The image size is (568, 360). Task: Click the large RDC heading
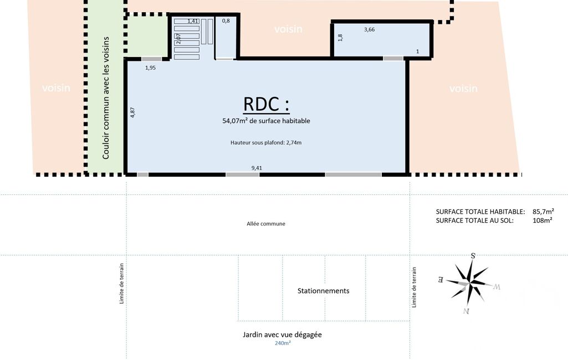[x=266, y=104]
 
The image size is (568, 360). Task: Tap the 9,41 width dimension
[x=257, y=168]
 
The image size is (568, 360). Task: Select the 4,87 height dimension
[x=132, y=112]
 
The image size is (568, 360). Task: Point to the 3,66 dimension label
[x=369, y=30]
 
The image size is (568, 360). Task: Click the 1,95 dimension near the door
[x=150, y=68]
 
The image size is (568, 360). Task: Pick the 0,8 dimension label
[x=226, y=21]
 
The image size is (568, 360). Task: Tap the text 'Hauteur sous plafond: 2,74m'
[x=266, y=143]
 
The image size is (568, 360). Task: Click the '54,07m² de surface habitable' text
[x=266, y=121]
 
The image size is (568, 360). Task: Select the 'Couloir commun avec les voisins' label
[x=105, y=98]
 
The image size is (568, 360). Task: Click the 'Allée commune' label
[x=266, y=224]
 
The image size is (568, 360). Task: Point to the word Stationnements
[x=323, y=291]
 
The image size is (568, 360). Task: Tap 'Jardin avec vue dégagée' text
[x=282, y=335]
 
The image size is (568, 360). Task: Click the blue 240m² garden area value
[x=283, y=343]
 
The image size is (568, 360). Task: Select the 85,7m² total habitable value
[x=543, y=212]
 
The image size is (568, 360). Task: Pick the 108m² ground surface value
[x=543, y=220]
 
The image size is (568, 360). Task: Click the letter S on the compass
[x=473, y=256]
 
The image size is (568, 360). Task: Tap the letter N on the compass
[x=466, y=311]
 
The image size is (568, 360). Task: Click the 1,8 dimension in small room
[x=340, y=37]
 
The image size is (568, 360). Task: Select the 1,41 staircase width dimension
[x=193, y=22]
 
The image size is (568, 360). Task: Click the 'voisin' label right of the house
[x=463, y=89]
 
